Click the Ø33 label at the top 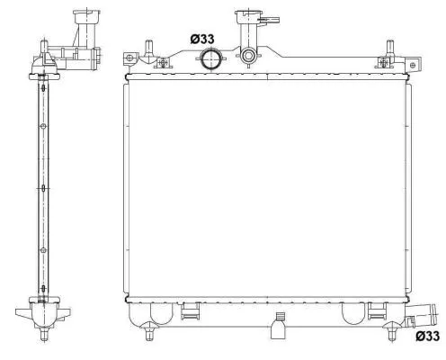[x=203, y=39]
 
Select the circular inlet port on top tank [x=210, y=60]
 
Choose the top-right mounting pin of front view [x=388, y=48]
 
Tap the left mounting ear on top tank [x=131, y=59]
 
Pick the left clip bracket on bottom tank [x=190, y=312]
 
